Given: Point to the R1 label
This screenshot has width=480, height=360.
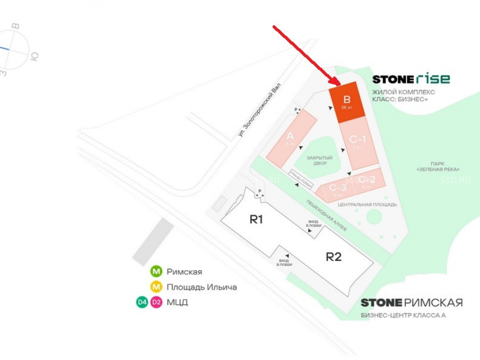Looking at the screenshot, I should pos(256,219).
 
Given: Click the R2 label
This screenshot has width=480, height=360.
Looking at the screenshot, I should pos(334,256).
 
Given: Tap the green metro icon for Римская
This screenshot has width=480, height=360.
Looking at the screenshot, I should pos(156,272).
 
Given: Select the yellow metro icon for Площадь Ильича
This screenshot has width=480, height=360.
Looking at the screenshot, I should pos(156,287).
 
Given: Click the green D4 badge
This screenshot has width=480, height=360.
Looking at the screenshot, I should pos(142,302).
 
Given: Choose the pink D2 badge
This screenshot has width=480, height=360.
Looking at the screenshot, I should pos(156,302).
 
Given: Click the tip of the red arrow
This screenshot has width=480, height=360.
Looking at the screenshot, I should pos(340,84).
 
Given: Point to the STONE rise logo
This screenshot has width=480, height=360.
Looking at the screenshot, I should pos(411,79).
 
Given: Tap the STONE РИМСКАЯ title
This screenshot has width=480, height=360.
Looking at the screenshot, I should pos(411,302).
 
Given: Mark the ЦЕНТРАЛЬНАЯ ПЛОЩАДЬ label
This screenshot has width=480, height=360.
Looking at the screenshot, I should pos(367,204).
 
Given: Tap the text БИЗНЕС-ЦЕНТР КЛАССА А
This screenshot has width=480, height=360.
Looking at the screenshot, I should pos(403,315).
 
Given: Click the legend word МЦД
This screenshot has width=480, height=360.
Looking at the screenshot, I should pos(177,302).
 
